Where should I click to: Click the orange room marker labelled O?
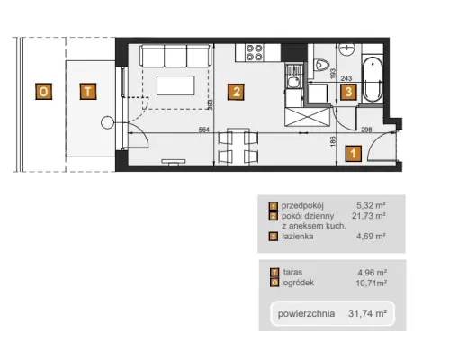click(x=44, y=92)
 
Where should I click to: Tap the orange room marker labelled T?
click(x=88, y=92)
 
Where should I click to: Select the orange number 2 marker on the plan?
click(x=236, y=92)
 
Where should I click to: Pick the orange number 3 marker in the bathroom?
click(x=348, y=92)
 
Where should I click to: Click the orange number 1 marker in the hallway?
click(x=354, y=154)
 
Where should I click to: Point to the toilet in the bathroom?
click(x=321, y=65)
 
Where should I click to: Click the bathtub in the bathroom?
click(x=373, y=79)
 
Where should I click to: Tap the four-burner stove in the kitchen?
click(x=254, y=52)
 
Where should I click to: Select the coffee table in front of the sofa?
click(x=175, y=85)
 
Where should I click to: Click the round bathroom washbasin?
click(x=347, y=49)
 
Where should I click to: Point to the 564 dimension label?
click(x=203, y=130)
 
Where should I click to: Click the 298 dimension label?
click(x=366, y=130)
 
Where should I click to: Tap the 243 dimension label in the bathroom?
click(x=346, y=78)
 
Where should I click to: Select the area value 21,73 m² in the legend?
click(x=369, y=216)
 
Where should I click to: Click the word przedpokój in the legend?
click(x=302, y=206)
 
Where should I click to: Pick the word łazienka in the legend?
click(x=298, y=237)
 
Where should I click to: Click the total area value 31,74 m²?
click(x=367, y=313)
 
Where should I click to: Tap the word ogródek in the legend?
click(x=299, y=283)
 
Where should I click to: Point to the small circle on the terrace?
click(x=107, y=122)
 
